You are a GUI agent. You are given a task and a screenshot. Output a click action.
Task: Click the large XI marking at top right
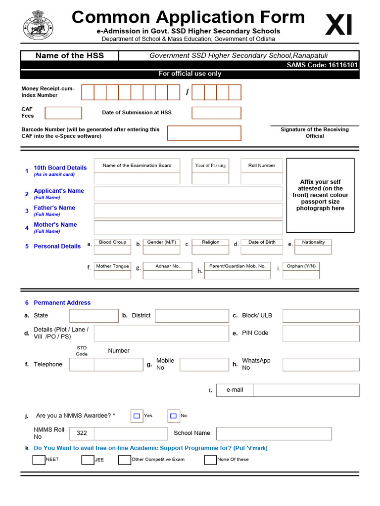click(x=339, y=25)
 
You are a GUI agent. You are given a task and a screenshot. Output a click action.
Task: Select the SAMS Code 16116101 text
click(x=322, y=65)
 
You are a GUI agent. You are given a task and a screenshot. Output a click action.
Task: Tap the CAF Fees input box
click(x=63, y=113)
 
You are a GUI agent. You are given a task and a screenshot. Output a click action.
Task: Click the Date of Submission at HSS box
click(x=216, y=113)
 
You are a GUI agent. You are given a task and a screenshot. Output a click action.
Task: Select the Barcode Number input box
click(x=204, y=133)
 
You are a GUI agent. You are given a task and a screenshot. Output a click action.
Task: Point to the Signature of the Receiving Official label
click(x=314, y=132)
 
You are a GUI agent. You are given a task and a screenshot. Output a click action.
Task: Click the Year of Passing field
click(x=210, y=178)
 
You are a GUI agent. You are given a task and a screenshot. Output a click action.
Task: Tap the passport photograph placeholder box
click(x=320, y=195)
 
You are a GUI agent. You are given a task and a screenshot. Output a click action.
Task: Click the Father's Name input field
click(x=188, y=211)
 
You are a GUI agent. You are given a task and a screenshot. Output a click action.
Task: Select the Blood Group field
click(x=112, y=250)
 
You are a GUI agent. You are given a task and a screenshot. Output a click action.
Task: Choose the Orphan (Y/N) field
click(x=301, y=274)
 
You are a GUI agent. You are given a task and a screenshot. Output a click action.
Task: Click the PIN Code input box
click(x=321, y=333)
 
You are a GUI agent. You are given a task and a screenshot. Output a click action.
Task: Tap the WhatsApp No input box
click(x=321, y=365)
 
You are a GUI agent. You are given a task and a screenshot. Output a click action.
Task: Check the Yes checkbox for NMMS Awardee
click(x=137, y=416)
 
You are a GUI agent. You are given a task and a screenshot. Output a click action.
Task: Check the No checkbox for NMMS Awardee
click(x=173, y=416)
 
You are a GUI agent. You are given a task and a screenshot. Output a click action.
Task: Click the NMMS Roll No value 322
click(x=82, y=433)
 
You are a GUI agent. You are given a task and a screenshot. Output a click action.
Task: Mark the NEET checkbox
click(x=39, y=460)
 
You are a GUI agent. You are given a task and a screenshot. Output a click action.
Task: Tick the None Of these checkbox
click(x=210, y=460)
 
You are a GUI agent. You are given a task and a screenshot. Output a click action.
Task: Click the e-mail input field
click(x=305, y=390)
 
